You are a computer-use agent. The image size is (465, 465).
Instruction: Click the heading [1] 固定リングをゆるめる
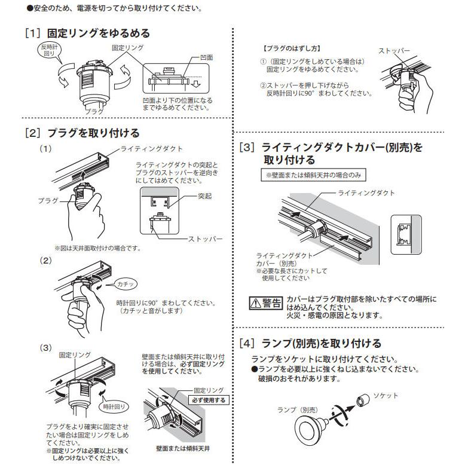[87, 33]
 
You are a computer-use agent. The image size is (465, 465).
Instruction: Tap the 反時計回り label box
[50, 50]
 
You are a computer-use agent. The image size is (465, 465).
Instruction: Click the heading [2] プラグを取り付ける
[82, 133]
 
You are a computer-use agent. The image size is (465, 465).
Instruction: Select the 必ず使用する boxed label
[208, 400]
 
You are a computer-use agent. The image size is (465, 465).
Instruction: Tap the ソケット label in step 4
[386, 396]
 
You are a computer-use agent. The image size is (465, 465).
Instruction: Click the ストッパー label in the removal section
[394, 51]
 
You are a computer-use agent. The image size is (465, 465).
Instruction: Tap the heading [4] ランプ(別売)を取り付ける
[310, 343]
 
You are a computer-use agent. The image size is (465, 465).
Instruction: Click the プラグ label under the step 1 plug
[93, 112]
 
